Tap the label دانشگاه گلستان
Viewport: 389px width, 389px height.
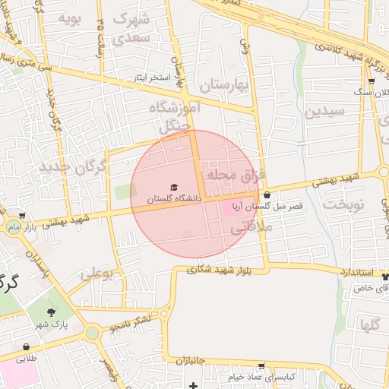[x=174, y=198]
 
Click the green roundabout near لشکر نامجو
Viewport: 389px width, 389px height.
[x=93, y=333]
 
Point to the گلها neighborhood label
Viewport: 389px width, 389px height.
[x=372, y=325]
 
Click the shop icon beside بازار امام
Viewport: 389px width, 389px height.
[x=22, y=215]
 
